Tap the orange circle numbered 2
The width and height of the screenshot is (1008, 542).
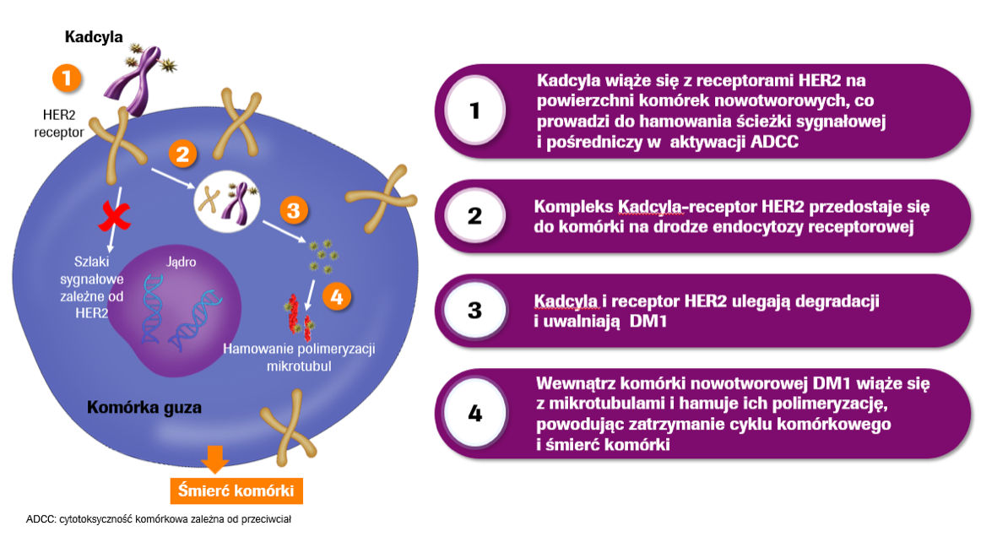(182, 154)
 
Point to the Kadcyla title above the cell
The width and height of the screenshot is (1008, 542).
(95, 37)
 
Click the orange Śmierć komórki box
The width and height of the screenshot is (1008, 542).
(236, 491)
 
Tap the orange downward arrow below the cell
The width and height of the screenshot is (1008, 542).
(214, 458)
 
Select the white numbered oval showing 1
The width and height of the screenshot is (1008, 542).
(474, 110)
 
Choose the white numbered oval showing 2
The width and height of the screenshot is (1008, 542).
(474, 215)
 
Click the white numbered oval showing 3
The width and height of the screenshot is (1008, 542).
(474, 310)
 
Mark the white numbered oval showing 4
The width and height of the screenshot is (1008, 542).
(474, 414)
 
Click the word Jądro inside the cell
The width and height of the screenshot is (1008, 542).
(182, 262)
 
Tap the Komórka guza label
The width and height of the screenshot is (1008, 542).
(144, 408)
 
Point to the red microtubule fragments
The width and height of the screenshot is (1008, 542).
(295, 312)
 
